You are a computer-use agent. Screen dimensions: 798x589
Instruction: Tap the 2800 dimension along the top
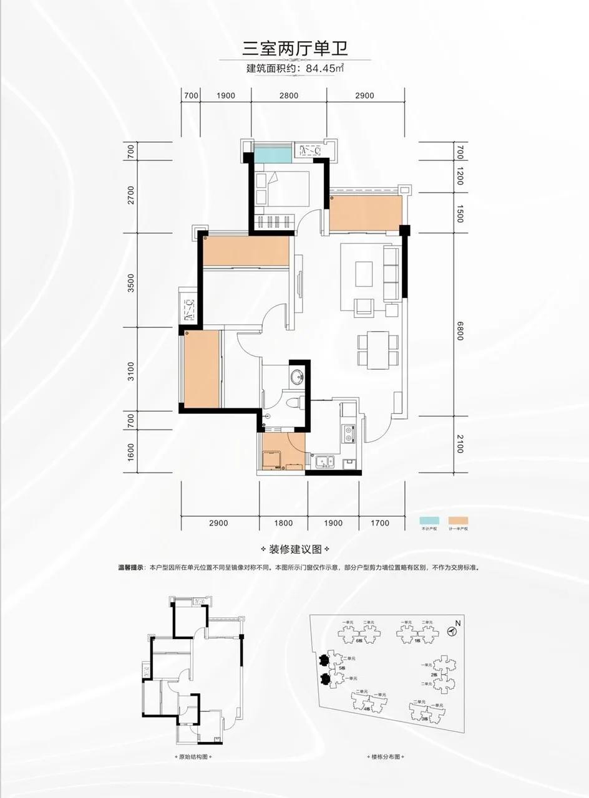click(289, 95)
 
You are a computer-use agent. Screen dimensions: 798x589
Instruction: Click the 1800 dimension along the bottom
click(283, 523)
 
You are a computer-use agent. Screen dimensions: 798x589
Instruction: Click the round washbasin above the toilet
click(297, 376)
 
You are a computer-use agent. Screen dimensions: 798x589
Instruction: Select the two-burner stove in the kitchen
click(347, 431)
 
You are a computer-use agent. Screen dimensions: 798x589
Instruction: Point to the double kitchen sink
click(324, 462)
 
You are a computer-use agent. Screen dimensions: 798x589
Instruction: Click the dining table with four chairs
click(378, 349)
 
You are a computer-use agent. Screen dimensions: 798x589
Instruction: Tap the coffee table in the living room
click(364, 273)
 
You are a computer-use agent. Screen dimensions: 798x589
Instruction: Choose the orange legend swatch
click(457, 520)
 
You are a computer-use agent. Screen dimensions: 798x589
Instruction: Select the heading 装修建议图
click(295, 550)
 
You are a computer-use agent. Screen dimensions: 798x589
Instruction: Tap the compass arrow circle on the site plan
click(453, 630)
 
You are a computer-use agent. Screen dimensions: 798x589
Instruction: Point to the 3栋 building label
click(424, 719)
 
